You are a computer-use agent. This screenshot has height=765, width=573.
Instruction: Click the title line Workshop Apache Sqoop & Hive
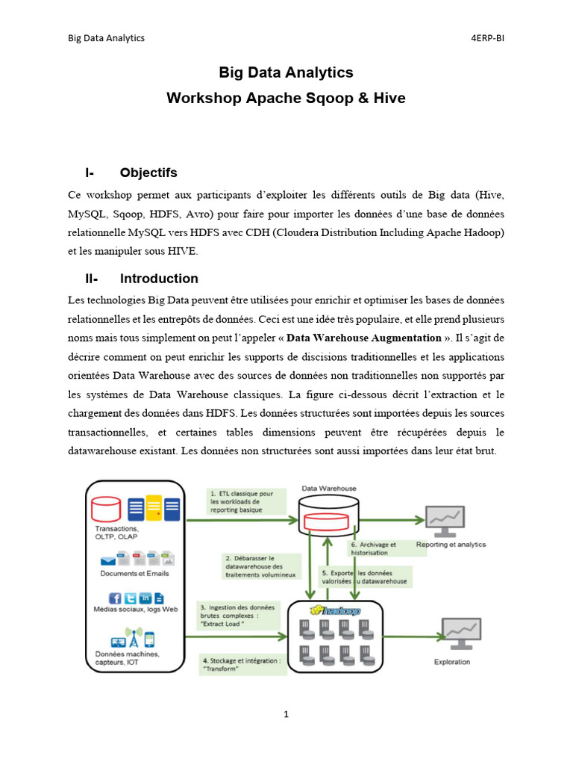click(x=286, y=98)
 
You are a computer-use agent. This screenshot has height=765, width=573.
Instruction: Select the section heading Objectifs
click(x=148, y=173)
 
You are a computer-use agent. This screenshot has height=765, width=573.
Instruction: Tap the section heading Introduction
click(x=159, y=279)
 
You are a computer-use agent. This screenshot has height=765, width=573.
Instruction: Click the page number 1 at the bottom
click(x=286, y=714)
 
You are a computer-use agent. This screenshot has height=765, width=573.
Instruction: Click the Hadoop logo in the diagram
click(x=336, y=610)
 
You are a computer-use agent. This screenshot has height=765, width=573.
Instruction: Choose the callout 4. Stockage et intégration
click(x=241, y=664)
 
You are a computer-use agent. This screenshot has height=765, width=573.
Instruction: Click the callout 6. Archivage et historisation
click(x=373, y=548)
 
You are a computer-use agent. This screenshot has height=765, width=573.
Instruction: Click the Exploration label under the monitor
click(x=452, y=661)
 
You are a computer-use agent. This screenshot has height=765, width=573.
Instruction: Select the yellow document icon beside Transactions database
click(x=154, y=509)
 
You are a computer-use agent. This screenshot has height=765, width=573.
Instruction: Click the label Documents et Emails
click(x=134, y=574)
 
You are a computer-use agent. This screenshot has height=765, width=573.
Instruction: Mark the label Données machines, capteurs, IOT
click(x=127, y=657)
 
